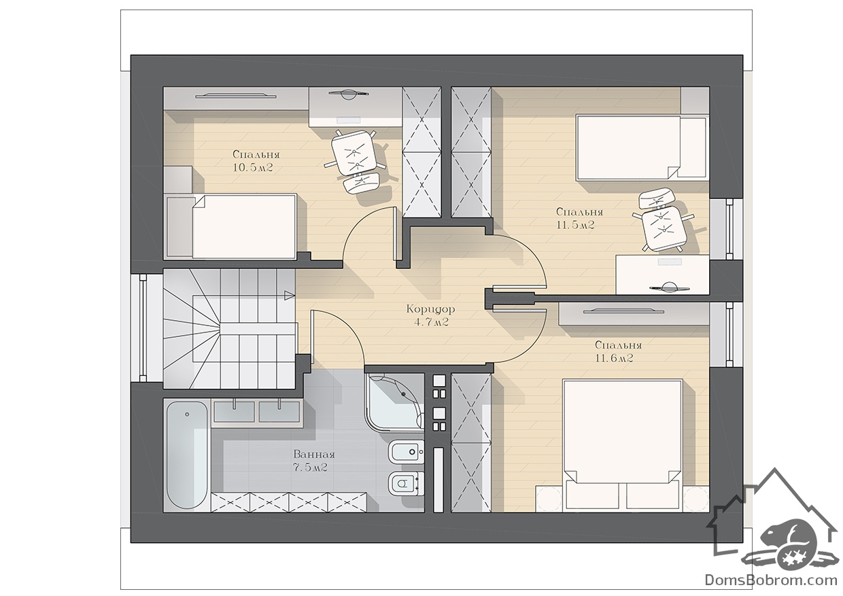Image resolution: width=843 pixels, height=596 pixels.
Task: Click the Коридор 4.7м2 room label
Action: click(430, 316)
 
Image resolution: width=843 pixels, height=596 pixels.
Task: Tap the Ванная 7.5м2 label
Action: click(314, 461)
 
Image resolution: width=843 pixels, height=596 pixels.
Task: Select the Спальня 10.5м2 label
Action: click(256, 161)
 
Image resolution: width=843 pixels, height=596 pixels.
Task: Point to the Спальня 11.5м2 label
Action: click(579, 219)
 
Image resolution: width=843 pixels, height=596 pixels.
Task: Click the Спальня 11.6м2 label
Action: click(618, 351)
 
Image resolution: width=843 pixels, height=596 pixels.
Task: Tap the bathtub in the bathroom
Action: click(187, 455)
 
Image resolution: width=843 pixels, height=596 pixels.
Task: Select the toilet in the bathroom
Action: click(406, 483)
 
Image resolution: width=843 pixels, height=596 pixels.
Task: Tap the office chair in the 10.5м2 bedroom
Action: click(356, 162)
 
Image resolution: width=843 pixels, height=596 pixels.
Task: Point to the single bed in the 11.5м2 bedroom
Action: click(641, 147)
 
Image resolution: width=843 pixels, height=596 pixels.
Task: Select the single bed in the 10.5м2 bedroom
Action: click(231, 226)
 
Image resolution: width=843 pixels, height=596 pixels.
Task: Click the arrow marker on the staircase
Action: click(290, 296)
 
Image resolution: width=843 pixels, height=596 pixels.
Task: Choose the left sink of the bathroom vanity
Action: click(234, 411)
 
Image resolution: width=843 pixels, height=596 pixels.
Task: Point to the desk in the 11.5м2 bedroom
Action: click(662, 275)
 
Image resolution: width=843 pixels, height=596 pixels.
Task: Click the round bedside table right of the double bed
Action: click(695, 499)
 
